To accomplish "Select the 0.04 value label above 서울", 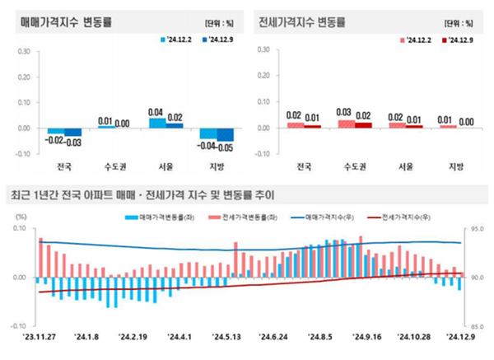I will coord(156,113).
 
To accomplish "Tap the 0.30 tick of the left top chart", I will coord(23,50).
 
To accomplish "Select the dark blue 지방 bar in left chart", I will coord(226,134).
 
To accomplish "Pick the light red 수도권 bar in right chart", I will coord(346,124).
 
